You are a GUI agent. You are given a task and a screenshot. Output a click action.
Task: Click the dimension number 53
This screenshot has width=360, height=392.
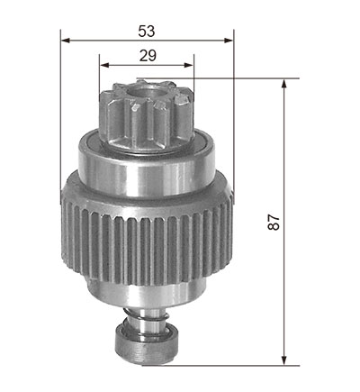click(147, 32)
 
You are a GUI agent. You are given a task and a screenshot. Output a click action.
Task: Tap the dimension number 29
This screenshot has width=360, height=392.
click(148, 56)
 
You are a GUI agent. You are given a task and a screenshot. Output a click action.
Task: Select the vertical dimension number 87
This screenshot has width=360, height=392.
click(274, 222)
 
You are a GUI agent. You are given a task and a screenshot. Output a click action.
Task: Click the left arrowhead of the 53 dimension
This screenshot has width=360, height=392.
click(66, 41)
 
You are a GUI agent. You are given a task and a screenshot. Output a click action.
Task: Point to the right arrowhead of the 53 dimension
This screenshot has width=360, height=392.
click(229, 41)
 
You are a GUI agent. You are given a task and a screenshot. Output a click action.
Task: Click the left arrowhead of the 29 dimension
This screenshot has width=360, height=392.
click(103, 65)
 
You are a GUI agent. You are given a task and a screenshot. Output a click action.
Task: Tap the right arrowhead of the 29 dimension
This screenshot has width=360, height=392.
click(189, 65)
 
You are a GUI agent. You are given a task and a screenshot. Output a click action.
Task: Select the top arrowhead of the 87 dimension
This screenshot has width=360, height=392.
click(283, 84)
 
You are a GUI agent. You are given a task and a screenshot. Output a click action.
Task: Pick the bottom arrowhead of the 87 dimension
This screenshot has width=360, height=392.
click(283, 360)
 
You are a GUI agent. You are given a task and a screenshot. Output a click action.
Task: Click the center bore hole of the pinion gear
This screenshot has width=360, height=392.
click(146, 91)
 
